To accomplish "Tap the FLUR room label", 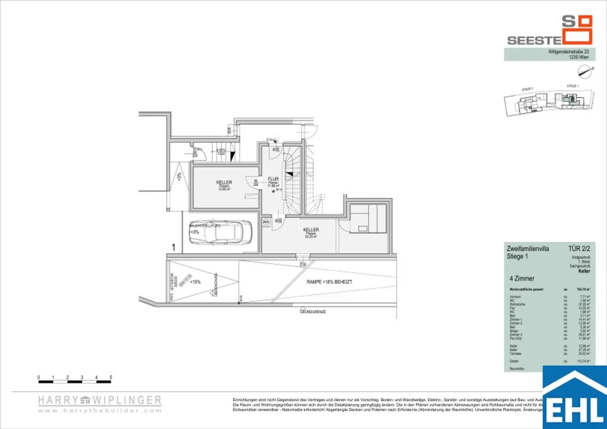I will click(273, 179).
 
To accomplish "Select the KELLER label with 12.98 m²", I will click(224, 183).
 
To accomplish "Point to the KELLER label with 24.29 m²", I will click(311, 230).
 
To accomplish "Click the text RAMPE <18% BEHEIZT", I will click(329, 282).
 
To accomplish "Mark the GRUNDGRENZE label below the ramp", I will click(313, 312).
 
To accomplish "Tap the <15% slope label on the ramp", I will click(195, 282).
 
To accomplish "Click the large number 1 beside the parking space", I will click(173, 247).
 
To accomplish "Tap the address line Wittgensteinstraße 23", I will click(568, 52).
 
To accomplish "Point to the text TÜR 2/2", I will click(579, 249).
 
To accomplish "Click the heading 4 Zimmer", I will click(522, 279).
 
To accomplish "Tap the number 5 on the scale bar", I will click(111, 377).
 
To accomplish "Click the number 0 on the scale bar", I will click(39, 377).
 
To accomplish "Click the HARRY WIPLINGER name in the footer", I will click(100, 401).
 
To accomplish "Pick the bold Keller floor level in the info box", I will click(584, 272).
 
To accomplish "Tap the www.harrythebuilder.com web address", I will click(100, 411).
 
